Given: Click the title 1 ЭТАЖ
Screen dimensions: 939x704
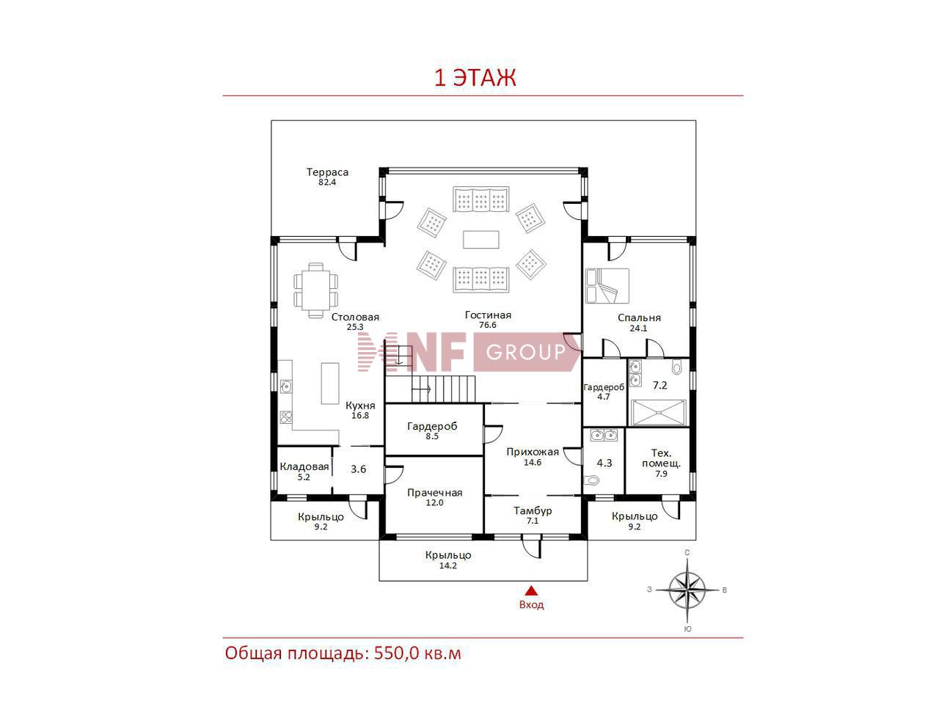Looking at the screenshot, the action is [x=475, y=78].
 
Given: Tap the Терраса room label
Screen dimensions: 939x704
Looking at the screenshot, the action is [x=327, y=172].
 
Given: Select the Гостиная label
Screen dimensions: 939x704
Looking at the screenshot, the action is [x=488, y=315].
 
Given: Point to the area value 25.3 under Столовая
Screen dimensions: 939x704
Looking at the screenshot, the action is [x=354, y=327].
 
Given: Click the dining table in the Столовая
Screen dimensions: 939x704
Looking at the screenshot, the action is [x=315, y=290].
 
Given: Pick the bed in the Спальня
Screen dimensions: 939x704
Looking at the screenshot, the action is [x=607, y=285].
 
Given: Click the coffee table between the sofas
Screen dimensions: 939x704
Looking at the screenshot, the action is [x=481, y=239].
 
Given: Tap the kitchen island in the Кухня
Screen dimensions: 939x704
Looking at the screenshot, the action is [x=330, y=383].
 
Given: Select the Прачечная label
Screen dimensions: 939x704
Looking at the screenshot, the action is [x=434, y=493].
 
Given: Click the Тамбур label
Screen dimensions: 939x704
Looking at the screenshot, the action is [x=533, y=511].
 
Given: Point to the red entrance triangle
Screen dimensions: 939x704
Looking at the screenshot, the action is [x=531, y=590].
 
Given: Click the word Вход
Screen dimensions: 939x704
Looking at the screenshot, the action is [x=531, y=605].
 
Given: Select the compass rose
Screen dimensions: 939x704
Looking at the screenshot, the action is [x=687, y=590].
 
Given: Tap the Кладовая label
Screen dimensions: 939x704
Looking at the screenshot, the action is [x=304, y=467].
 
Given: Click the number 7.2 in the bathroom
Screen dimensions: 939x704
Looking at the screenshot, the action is [x=660, y=386].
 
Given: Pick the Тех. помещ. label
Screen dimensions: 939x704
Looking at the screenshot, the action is [x=661, y=458].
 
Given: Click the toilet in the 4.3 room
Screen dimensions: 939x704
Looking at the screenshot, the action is [x=592, y=480].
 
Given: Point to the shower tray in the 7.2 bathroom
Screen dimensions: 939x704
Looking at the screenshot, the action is [x=659, y=412].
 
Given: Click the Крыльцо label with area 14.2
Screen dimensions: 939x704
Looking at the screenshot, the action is [x=448, y=555].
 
